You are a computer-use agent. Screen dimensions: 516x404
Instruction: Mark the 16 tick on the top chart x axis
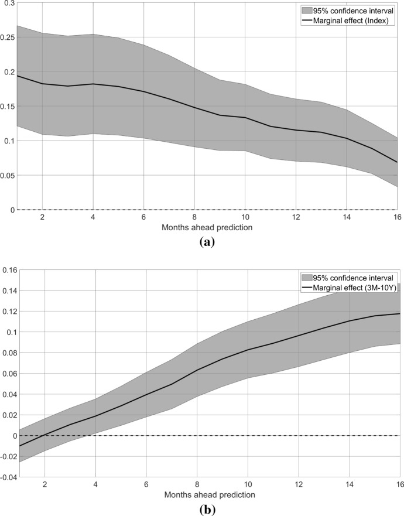(x=396, y=217)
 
